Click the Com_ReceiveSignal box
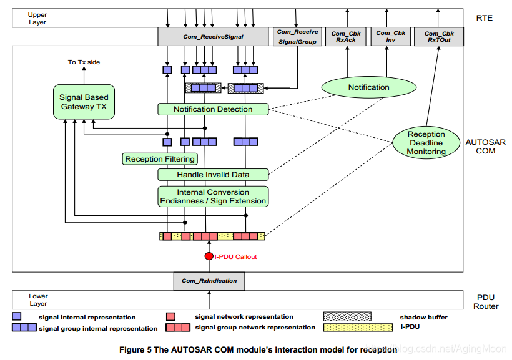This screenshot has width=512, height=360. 213,36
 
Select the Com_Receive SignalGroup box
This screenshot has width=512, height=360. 297,36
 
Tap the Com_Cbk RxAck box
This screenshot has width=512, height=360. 347,36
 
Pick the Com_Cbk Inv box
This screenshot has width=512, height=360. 391,36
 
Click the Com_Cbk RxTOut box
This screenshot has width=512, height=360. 440,36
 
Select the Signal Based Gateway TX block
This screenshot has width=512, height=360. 83,102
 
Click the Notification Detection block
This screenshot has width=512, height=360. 213,109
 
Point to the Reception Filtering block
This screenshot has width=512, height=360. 160,159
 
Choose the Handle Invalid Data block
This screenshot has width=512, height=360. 213,175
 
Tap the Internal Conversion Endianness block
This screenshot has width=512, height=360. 213,197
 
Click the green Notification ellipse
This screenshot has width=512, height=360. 368,87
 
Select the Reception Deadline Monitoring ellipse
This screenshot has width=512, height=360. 426,143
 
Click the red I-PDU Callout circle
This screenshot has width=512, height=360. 209,256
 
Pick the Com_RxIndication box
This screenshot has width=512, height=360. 209,281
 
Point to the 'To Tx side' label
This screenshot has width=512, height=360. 84,62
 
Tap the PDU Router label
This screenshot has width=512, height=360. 485,301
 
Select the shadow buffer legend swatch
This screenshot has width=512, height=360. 347,317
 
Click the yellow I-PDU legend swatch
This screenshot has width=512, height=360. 347,327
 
